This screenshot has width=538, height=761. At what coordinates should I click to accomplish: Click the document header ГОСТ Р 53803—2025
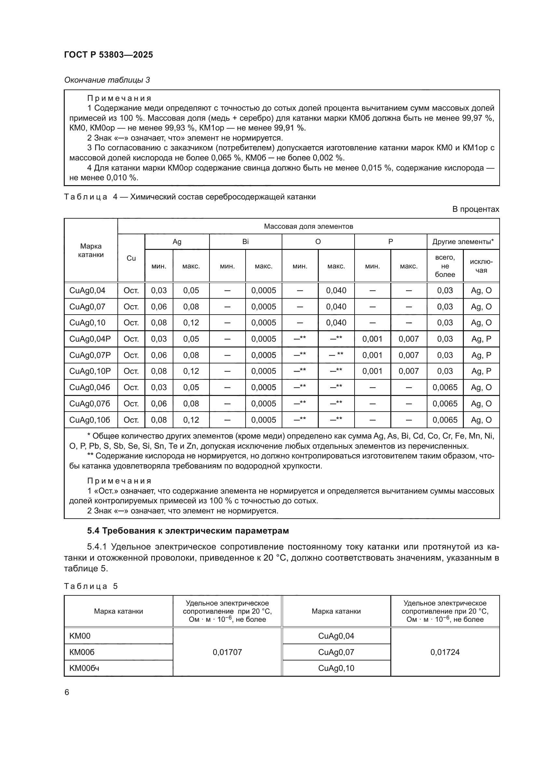coord(108,55)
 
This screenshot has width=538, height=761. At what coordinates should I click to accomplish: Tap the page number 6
coord(67,692)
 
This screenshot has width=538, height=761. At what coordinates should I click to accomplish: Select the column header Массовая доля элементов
coord(308,226)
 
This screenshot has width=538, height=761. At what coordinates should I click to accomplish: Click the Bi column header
coord(245,242)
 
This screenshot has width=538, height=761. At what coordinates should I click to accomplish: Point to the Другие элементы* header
coord(463,242)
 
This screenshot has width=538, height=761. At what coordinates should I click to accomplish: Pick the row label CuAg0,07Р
coord(90,355)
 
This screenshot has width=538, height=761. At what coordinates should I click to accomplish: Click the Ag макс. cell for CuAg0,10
coord(191,322)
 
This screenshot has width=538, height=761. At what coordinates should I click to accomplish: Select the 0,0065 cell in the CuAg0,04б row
coord(445,387)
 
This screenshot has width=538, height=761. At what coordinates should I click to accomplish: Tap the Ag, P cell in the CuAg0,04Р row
coord(481,339)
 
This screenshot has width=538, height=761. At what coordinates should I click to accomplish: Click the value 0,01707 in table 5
coord(227,652)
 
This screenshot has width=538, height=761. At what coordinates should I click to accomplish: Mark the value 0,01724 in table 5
coord(445,652)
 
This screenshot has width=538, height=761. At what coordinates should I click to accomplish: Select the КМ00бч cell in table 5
coord(85,668)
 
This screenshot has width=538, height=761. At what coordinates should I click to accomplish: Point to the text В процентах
coord(476,209)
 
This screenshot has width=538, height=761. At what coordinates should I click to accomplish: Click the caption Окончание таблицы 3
coord(107,80)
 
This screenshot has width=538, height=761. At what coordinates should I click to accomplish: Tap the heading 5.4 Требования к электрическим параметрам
coord(188,531)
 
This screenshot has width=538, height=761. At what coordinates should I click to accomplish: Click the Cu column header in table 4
coord(131,258)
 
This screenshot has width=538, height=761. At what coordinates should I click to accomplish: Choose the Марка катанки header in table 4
coord(91,250)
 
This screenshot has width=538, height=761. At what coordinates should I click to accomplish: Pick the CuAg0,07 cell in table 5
coord(336,652)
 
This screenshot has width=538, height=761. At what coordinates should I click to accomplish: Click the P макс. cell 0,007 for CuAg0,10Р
coord(409,371)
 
